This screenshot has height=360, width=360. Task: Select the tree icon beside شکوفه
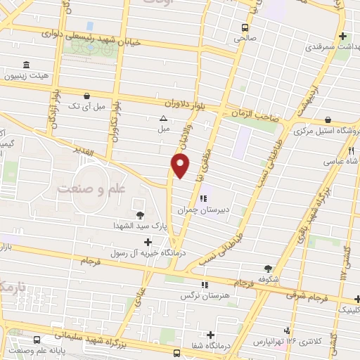pos(268,268)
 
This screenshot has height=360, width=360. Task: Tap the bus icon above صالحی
pos(244,28)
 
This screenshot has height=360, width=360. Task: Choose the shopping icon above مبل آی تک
pos(86,96)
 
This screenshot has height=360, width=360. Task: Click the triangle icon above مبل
pos(163,118)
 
